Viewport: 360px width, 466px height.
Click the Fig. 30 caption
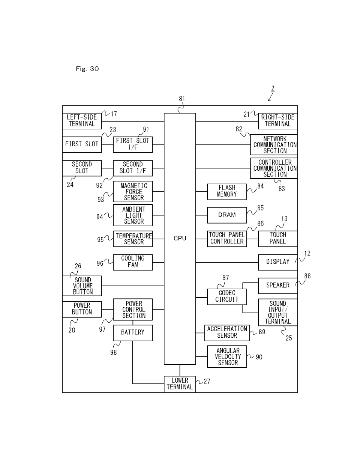(87, 69)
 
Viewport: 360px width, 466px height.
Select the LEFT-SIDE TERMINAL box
(82, 120)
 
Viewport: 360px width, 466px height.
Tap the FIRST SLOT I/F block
(133, 144)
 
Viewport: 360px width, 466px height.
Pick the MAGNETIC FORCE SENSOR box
(133, 192)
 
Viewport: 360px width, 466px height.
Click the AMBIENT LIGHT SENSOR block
(133, 215)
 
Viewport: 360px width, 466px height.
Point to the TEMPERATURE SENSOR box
(133, 239)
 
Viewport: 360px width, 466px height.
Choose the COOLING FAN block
(133, 262)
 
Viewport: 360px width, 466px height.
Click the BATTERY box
(133, 332)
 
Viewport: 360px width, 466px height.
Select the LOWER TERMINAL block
(180, 384)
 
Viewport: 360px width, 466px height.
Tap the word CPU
(180, 238)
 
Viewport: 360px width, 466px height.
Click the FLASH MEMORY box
(227, 191)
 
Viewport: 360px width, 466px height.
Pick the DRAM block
(227, 215)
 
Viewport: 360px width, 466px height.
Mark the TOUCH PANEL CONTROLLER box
(227, 238)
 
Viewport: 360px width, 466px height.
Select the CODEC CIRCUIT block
(227, 296)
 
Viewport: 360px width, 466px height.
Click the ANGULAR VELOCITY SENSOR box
(227, 356)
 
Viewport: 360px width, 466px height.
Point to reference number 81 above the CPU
(182, 99)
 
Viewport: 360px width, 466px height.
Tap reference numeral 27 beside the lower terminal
(207, 381)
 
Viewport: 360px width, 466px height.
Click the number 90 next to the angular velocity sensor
(259, 357)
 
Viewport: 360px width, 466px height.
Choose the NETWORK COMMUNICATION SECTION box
(274, 145)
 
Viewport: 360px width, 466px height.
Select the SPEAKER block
(277, 286)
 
